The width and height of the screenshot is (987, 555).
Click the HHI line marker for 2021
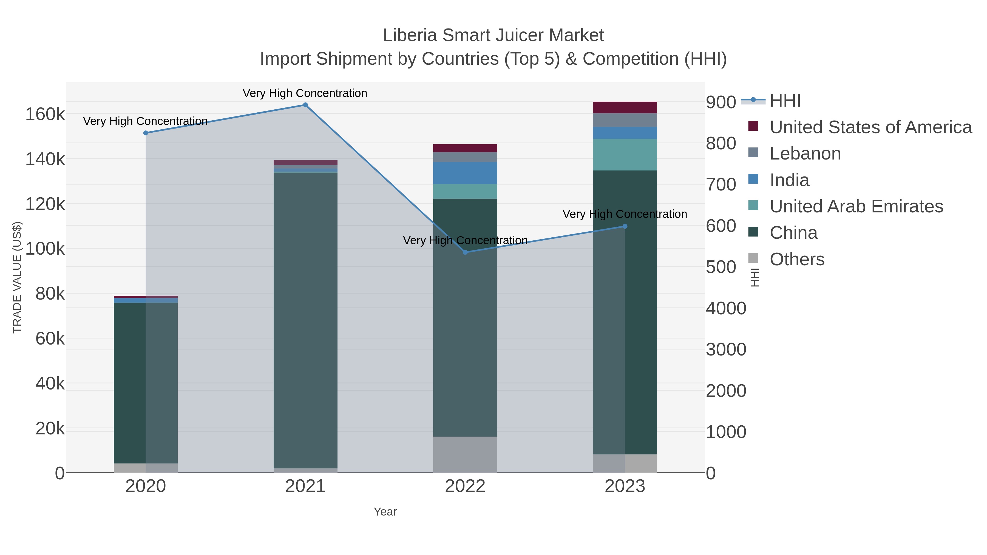pyautogui.click(x=305, y=105)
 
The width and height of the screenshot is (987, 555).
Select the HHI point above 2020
pyautogui.click(x=146, y=133)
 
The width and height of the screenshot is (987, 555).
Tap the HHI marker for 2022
pyautogui.click(x=465, y=252)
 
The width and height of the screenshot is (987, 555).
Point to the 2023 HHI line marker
pyautogui.click(x=625, y=226)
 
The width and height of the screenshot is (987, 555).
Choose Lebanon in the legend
pyautogui.click(x=805, y=153)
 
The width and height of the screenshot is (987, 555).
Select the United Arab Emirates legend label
pyautogui.click(x=856, y=206)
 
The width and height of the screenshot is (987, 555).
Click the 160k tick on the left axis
pyautogui.click(x=45, y=114)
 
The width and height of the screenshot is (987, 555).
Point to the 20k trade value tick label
pyautogui.click(x=50, y=429)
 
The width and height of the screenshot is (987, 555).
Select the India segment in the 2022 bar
pyautogui.click(x=465, y=173)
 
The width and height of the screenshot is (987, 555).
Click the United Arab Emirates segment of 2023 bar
pyautogui.click(x=625, y=154)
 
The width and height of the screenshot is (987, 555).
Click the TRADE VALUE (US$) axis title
pyautogui.click(x=17, y=277)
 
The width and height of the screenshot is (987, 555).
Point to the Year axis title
pyautogui.click(x=385, y=512)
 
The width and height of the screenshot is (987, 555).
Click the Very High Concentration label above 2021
pyautogui.click(x=305, y=93)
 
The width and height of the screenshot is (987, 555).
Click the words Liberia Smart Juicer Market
pyautogui.click(x=493, y=35)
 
